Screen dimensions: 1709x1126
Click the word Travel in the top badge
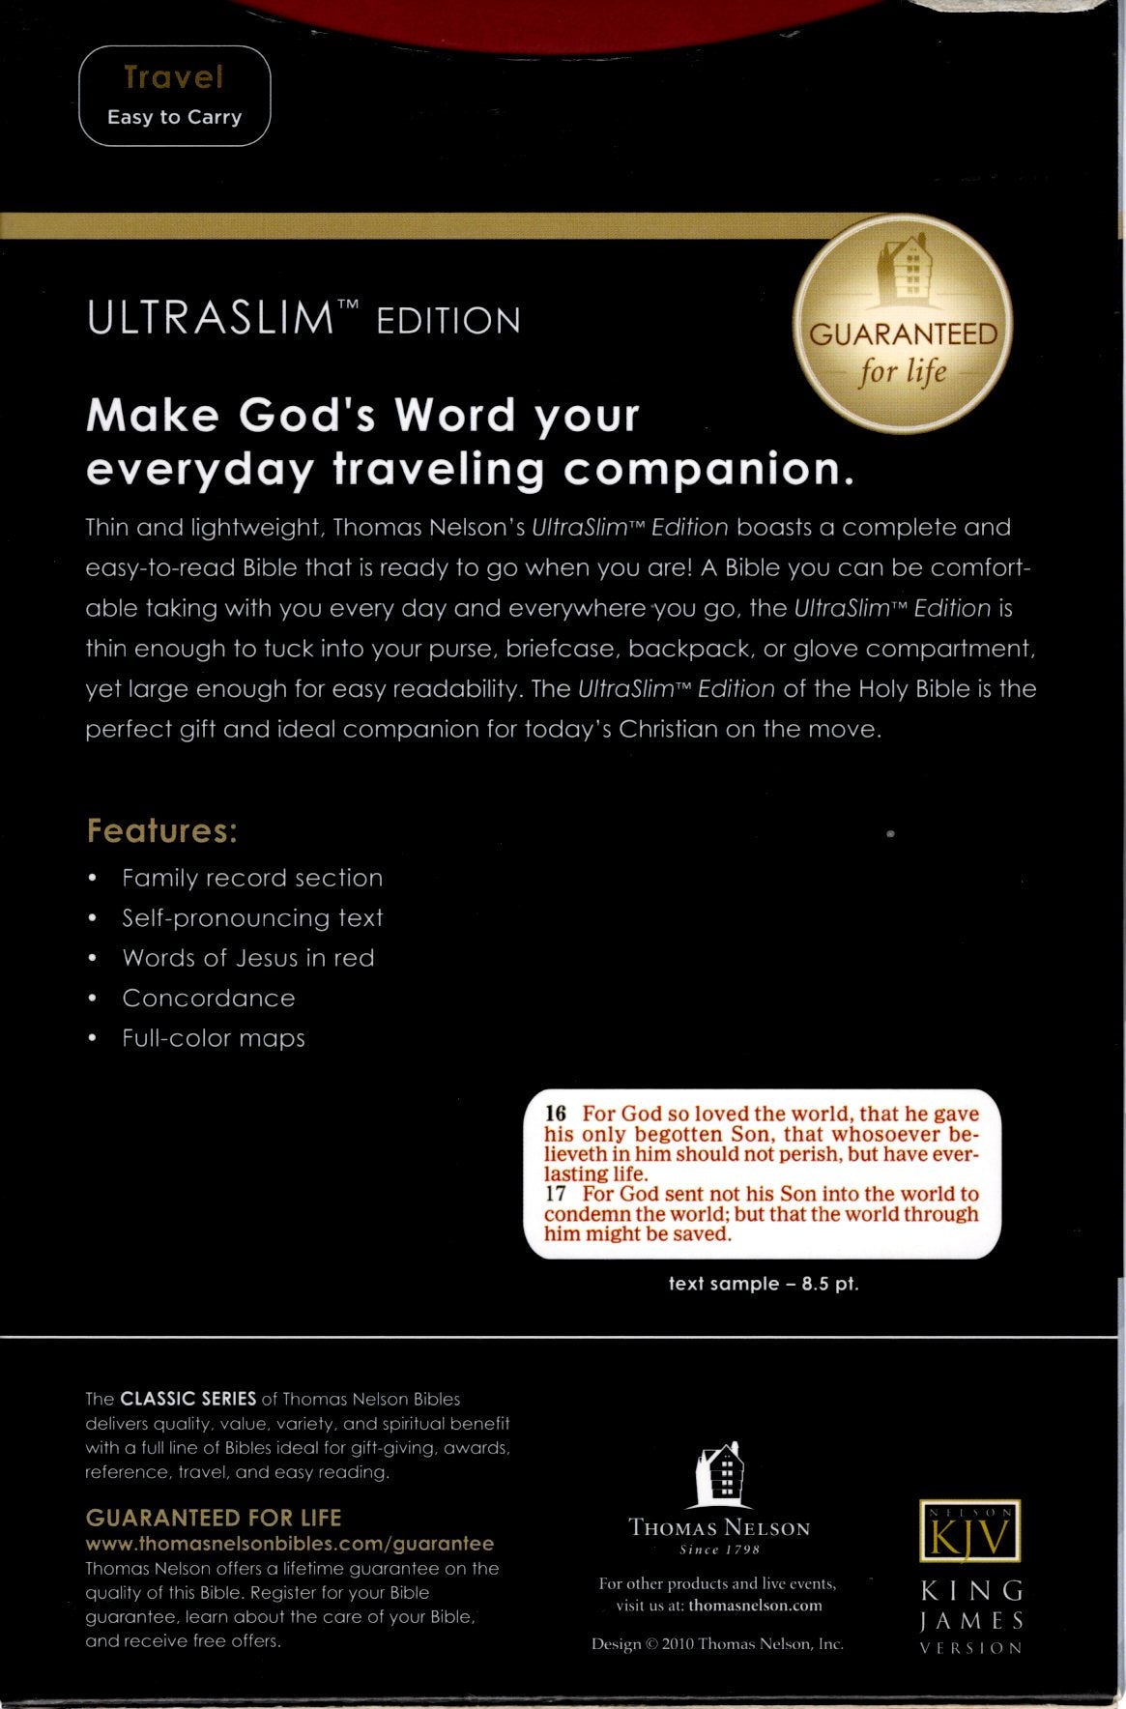click(x=174, y=77)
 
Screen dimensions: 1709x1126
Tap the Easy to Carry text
click(x=174, y=117)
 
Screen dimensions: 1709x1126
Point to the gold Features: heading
click(x=161, y=831)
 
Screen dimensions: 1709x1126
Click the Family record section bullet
click(x=251, y=878)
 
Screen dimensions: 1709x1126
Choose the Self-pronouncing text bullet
click(x=251, y=917)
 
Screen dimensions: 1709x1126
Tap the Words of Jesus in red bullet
click(x=247, y=958)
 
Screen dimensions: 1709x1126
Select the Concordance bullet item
click(x=208, y=998)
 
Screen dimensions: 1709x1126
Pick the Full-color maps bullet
click(x=213, y=1038)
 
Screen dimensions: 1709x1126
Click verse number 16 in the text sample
click(x=555, y=1114)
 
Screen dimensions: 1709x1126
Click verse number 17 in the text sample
click(x=555, y=1194)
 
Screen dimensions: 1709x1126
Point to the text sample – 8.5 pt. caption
click(x=764, y=1284)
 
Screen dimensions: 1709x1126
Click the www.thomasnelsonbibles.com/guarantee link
click(x=290, y=1544)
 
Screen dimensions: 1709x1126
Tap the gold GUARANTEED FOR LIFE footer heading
click(x=214, y=1518)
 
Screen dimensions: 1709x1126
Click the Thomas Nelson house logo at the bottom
click(x=719, y=1475)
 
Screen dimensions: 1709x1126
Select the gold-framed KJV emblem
click(x=969, y=1531)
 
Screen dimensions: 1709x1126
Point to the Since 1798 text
click(x=719, y=1550)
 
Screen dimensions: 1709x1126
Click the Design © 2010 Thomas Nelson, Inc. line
click(x=717, y=1643)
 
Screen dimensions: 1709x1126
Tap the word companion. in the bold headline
click(x=708, y=470)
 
